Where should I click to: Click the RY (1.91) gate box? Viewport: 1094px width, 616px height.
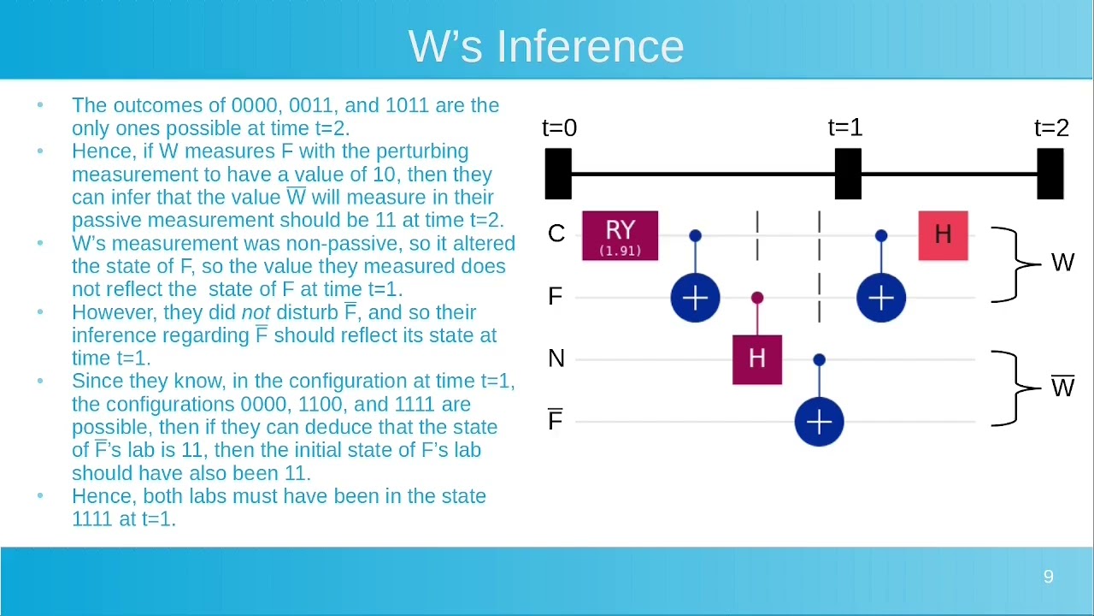point(620,235)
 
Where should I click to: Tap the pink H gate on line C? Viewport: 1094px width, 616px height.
point(943,235)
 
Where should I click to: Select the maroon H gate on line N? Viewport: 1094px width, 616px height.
point(757,360)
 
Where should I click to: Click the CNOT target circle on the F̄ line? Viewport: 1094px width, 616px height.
point(819,422)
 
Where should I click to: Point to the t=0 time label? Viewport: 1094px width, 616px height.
point(560,128)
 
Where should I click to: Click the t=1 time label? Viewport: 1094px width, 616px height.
point(845,128)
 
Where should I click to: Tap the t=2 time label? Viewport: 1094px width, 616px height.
point(1051,128)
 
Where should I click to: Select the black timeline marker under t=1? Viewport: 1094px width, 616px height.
point(848,174)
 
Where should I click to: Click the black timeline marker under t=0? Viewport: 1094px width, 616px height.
point(558,174)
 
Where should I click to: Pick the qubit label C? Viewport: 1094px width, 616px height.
point(556,234)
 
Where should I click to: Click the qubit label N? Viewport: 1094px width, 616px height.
point(556,358)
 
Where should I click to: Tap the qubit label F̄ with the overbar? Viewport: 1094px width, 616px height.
point(555,420)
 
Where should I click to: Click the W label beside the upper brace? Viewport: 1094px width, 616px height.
point(1062,263)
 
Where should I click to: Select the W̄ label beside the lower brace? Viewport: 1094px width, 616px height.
point(1062,386)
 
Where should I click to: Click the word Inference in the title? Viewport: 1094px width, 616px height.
point(590,46)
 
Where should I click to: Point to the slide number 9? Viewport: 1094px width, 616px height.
point(1048,577)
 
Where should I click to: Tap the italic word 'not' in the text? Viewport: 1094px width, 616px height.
point(256,313)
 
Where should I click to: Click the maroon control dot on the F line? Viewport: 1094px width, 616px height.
point(757,298)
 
